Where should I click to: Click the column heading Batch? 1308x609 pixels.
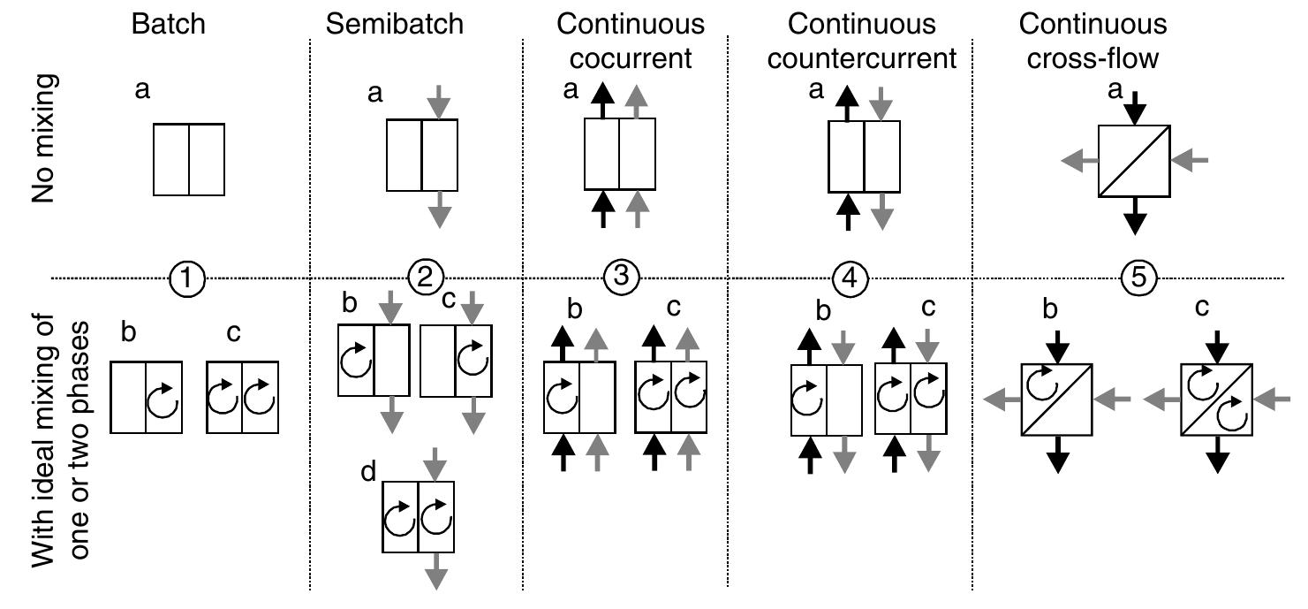coord(168,24)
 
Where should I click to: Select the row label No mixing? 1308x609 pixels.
coord(45,139)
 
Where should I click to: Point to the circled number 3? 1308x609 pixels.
coord(621,278)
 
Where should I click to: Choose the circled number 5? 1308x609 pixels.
coord(1138,278)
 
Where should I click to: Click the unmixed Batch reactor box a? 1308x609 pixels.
coord(189,159)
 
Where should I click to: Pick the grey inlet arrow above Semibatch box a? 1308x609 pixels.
coord(439,102)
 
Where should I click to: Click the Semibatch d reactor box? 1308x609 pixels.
coord(417,517)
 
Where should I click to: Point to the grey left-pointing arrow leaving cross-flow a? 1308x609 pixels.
coord(1078,160)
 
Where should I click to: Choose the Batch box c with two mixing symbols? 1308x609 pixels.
coord(241,397)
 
